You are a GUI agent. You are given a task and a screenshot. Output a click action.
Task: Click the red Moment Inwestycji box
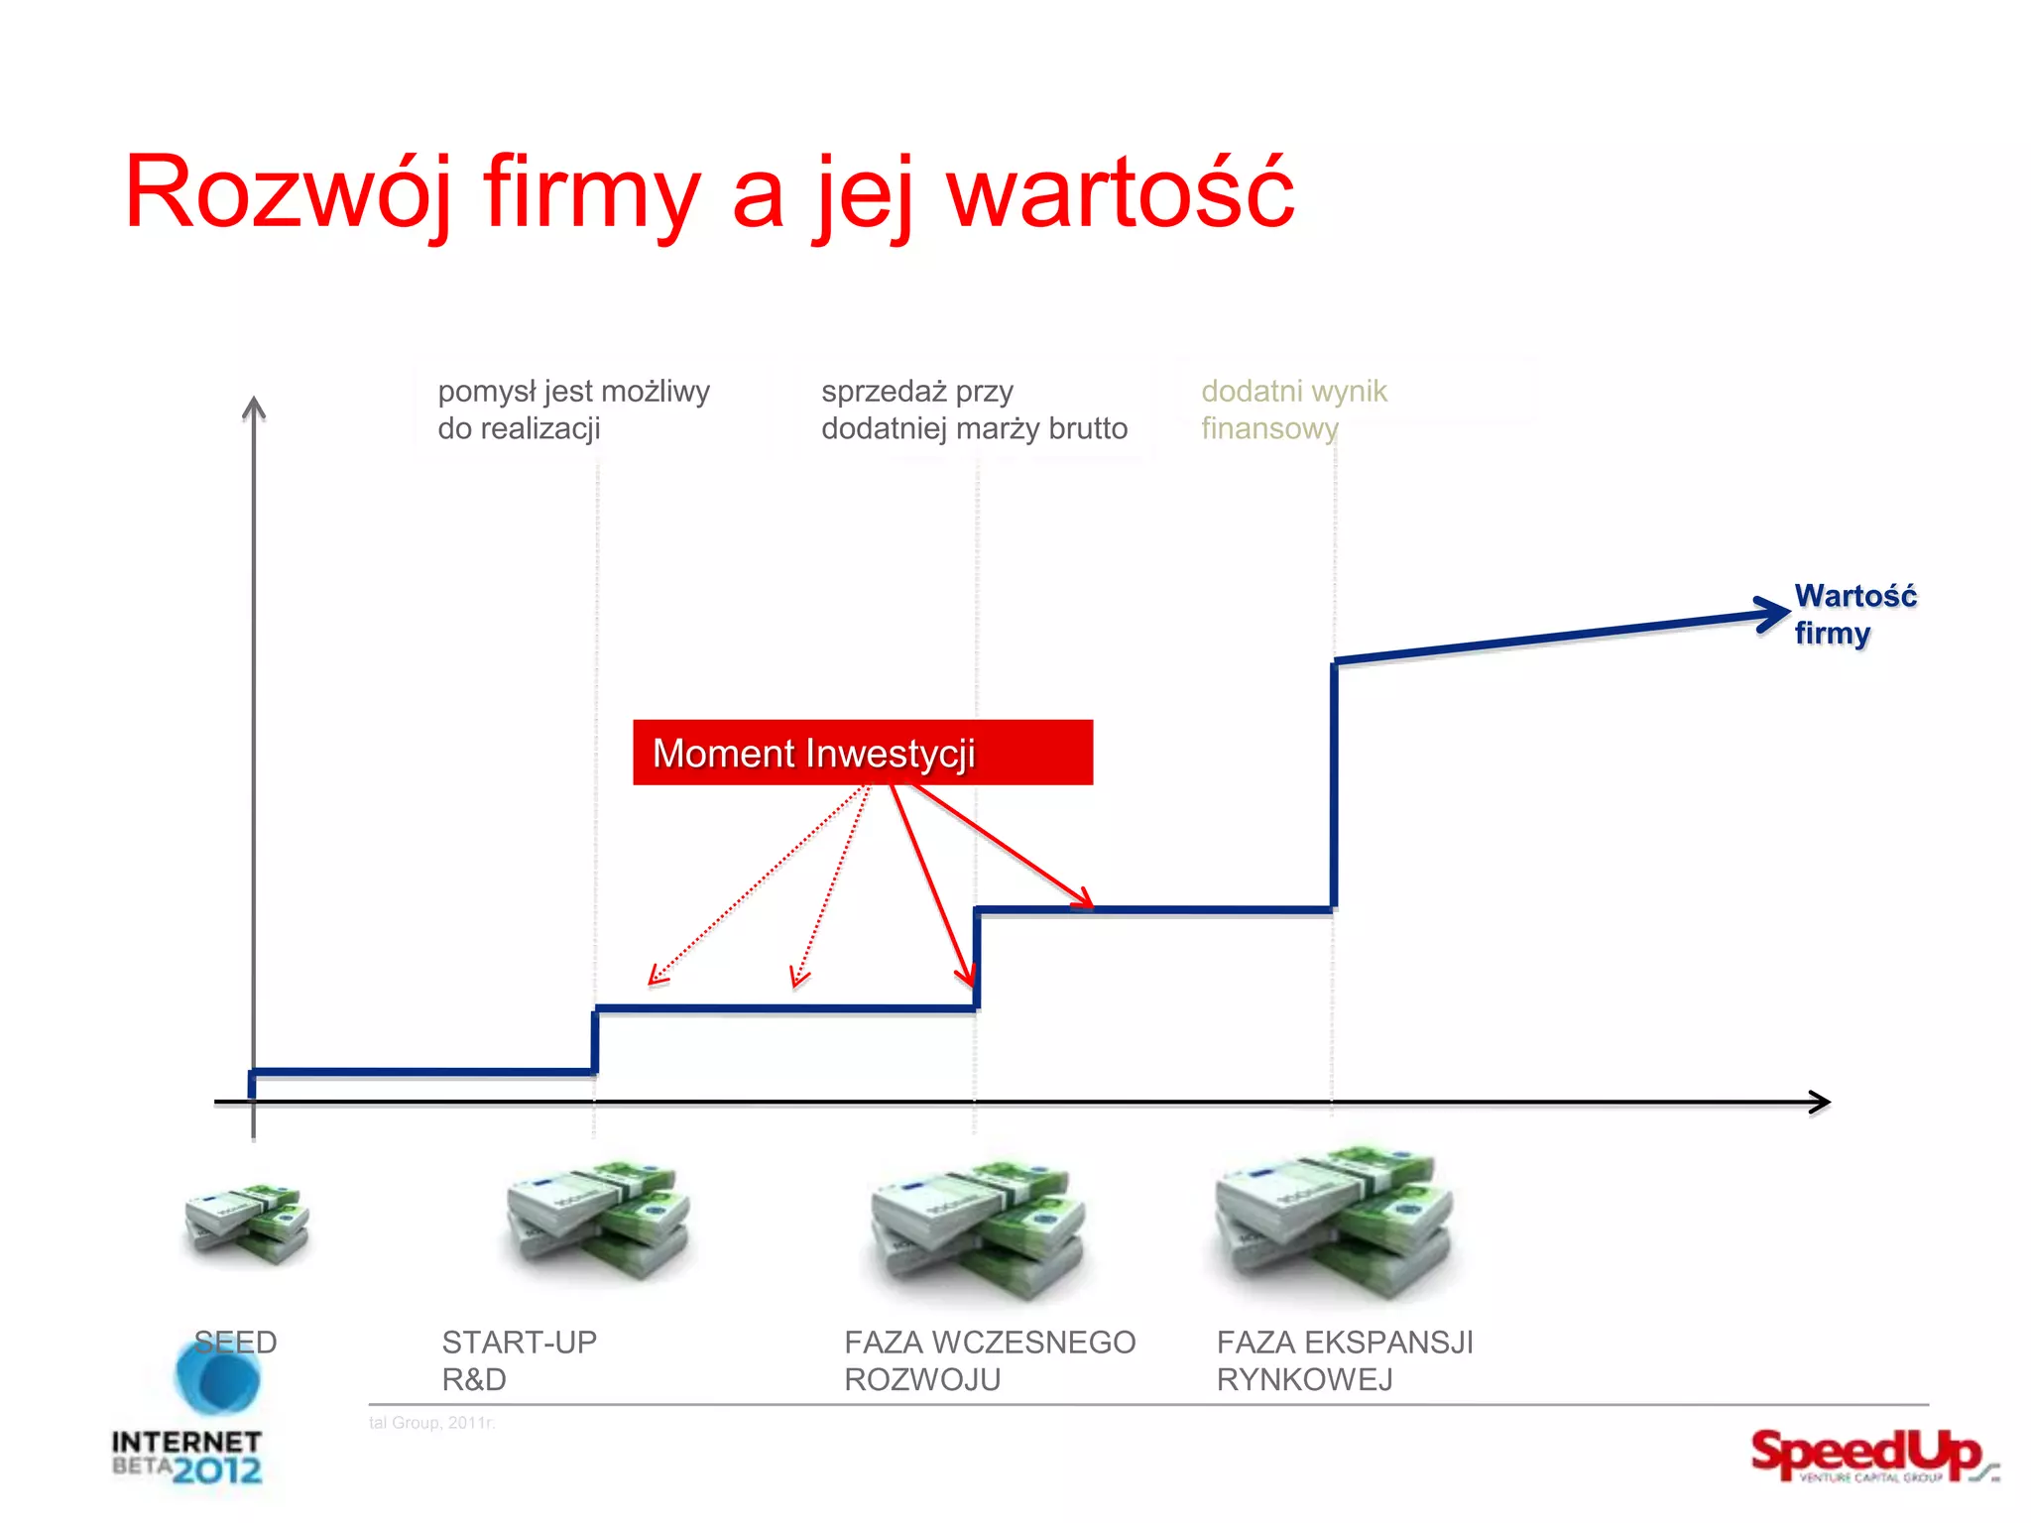coord(863,753)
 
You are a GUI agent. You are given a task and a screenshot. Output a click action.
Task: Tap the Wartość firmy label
coord(1853,614)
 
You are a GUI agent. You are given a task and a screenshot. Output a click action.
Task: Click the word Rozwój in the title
coord(288,193)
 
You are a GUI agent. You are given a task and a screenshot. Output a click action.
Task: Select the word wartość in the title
coord(1121,193)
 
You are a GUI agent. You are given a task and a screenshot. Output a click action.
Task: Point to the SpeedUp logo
coord(1869,1455)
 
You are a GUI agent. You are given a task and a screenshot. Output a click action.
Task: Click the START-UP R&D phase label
coord(519,1360)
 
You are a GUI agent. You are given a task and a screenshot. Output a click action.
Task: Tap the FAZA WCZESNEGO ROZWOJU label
coord(989,1360)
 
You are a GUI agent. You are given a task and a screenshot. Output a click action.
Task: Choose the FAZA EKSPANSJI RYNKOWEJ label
coord(1344,1360)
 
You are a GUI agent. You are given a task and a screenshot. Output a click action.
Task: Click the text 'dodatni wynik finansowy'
coord(1293,410)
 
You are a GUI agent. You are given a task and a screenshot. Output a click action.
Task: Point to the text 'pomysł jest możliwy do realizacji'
coord(573,410)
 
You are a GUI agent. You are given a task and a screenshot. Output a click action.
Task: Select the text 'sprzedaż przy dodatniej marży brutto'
coord(974,410)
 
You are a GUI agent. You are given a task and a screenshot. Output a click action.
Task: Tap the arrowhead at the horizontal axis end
coord(1821,1103)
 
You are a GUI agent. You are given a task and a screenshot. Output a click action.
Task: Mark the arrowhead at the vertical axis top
coord(254,407)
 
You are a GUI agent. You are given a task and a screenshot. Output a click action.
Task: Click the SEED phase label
coord(235,1343)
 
